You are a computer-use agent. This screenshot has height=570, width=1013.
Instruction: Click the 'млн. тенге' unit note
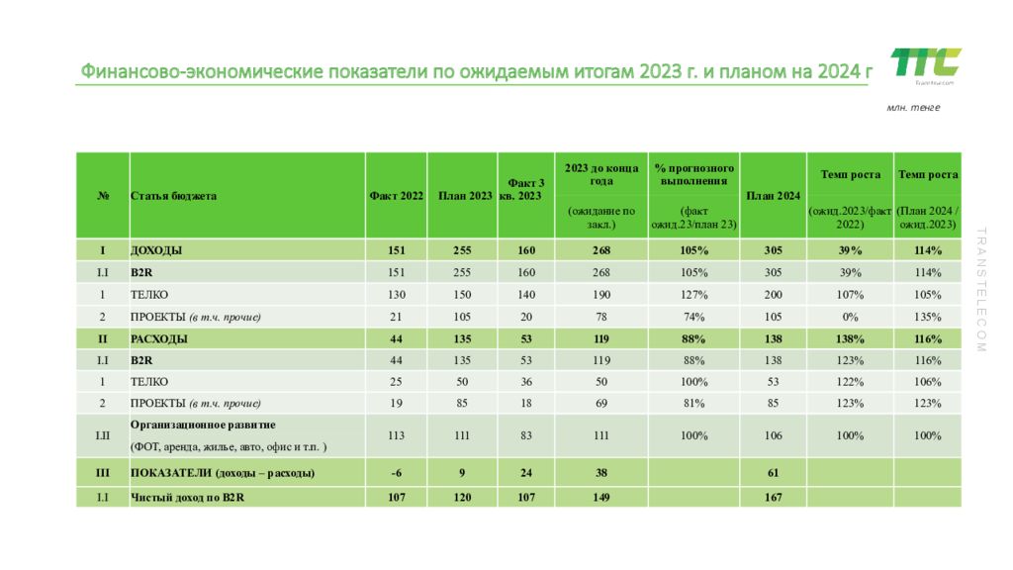pos(912,107)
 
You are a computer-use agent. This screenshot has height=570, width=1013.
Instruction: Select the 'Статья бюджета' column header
pos(173,196)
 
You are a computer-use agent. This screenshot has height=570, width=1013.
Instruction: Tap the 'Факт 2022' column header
pos(396,196)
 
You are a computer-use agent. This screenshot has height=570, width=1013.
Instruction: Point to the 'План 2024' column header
pos(773,196)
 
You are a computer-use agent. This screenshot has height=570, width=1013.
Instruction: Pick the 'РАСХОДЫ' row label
pos(160,338)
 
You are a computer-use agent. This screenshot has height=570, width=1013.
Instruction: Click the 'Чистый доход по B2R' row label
pos(187,498)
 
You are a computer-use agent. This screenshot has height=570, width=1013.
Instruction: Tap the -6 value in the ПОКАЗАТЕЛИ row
pos(396,473)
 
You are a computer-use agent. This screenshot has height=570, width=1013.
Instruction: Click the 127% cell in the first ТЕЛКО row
pos(693,295)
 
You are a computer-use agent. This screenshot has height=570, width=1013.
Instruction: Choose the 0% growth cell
pos(850,317)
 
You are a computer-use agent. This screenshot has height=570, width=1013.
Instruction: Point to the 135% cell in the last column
pos(927,317)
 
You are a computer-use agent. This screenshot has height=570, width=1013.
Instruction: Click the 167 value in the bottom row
pos(773,498)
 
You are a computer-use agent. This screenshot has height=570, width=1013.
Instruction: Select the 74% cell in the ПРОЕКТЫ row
pos(693,317)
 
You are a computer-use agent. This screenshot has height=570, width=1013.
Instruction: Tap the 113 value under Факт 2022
pos(396,435)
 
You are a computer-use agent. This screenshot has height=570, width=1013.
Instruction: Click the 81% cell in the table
pos(693,404)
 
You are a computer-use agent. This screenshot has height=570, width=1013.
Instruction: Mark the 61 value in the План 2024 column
pos(773,473)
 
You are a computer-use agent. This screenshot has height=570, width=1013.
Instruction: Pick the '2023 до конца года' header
pos(601,175)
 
